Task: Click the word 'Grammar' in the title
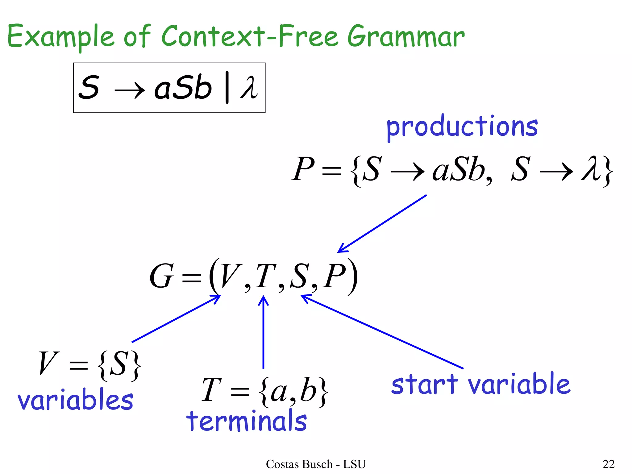click(x=406, y=37)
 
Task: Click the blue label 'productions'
click(x=462, y=127)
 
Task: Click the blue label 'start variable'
click(x=481, y=384)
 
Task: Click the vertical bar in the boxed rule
click(x=227, y=88)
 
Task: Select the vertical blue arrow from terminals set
click(x=263, y=332)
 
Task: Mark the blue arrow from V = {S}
click(x=176, y=319)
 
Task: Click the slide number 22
click(x=609, y=464)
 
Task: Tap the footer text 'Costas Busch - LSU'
click(x=316, y=464)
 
